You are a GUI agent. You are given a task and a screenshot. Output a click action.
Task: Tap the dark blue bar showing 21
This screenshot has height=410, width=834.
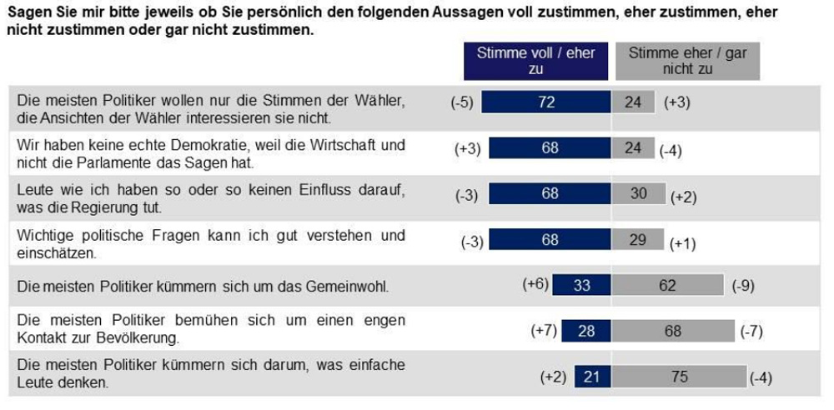[x=593, y=377]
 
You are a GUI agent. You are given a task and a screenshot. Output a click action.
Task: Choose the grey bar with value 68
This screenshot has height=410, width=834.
[x=673, y=331]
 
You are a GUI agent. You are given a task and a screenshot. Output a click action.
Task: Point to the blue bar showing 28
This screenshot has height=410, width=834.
[x=587, y=331]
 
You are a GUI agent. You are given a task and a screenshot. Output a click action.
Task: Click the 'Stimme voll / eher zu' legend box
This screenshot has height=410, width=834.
[x=535, y=61]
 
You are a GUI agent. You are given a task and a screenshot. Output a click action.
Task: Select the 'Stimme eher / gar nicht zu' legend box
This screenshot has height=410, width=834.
[x=688, y=61]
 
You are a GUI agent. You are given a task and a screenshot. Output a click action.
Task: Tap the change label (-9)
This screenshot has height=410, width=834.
[x=743, y=286]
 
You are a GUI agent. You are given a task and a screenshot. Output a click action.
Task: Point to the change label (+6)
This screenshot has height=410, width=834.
[x=535, y=284]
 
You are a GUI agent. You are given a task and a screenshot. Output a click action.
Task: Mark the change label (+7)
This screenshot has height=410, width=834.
[x=544, y=331]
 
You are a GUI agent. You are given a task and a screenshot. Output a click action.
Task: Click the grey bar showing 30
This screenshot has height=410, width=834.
[x=639, y=193]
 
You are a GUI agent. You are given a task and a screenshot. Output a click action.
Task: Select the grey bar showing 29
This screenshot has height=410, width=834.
[x=638, y=239]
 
